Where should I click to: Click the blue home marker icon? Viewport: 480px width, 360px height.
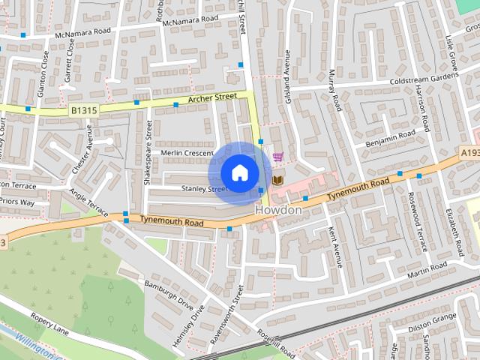pyautogui.click(x=239, y=172)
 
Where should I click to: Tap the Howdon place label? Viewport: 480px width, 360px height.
pyautogui.click(x=278, y=211)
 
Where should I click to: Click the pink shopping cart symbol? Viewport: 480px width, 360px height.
pyautogui.click(x=278, y=157)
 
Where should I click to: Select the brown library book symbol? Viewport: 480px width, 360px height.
pyautogui.click(x=277, y=180)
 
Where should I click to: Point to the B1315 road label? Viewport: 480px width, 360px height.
pyautogui.click(x=85, y=110)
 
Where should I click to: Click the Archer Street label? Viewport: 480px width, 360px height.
pyautogui.click(x=213, y=97)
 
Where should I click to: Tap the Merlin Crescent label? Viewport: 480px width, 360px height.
pyautogui.click(x=188, y=152)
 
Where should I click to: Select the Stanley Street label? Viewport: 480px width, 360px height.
pyautogui.click(x=203, y=189)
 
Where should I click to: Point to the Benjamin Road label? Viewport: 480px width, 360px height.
pyautogui.click(x=390, y=138)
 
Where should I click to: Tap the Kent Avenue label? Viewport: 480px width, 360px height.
pyautogui.click(x=335, y=248)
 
